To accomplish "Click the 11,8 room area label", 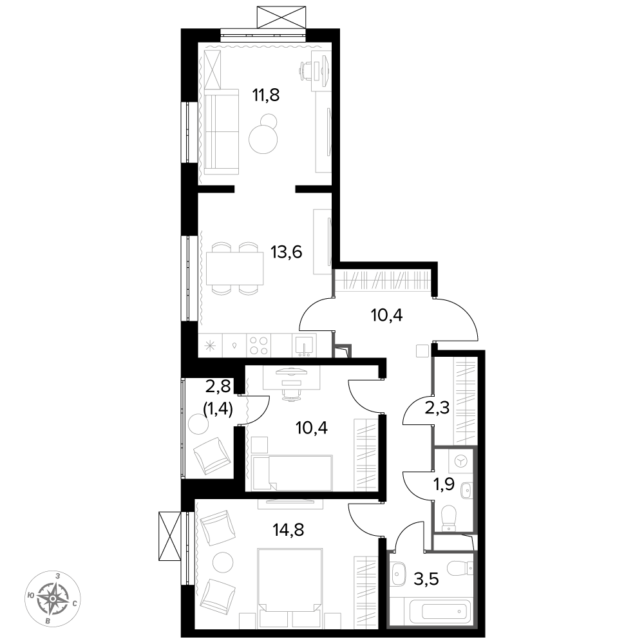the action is click(x=266, y=95).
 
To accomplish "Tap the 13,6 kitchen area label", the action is click(x=287, y=251).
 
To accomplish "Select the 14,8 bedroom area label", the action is click(x=289, y=530).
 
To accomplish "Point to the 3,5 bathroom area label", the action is click(x=426, y=580).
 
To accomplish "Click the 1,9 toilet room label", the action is click(x=444, y=485).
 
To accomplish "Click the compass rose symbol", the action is click(x=53, y=598).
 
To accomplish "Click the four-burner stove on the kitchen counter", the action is click(x=259, y=345).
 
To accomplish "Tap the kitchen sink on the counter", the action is click(x=305, y=345).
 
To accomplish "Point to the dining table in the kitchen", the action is click(x=235, y=269).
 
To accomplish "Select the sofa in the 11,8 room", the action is click(x=221, y=131).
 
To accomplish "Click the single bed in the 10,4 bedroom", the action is click(x=292, y=472).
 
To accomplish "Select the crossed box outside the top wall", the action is click(x=281, y=17).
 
